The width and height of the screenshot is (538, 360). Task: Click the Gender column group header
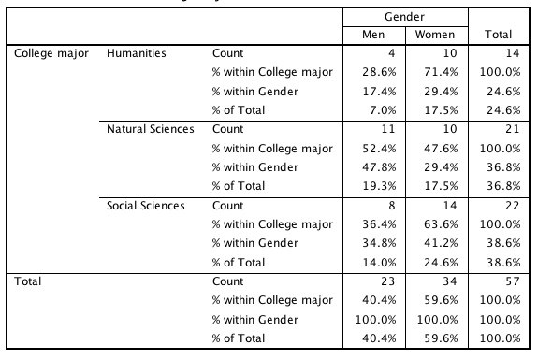(404, 17)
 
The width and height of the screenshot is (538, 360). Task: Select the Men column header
(373, 35)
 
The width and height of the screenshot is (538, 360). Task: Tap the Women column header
(435, 35)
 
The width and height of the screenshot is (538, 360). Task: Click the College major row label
(51, 53)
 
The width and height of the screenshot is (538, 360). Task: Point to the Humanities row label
(137, 53)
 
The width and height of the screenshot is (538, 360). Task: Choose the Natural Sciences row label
(151, 129)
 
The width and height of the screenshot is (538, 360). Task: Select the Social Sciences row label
(145, 206)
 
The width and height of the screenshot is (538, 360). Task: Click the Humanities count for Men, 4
(391, 53)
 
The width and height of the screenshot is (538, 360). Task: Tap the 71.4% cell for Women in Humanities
(441, 72)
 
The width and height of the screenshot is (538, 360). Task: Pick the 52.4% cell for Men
(379, 149)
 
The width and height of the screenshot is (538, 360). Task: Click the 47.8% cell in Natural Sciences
(379, 167)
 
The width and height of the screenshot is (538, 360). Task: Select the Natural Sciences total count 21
(513, 129)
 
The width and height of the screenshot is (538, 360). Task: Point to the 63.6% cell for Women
(441, 224)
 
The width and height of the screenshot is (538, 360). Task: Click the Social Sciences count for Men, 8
(391, 206)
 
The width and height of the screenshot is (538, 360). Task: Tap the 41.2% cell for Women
(441, 243)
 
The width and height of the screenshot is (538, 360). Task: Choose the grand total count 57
(513, 281)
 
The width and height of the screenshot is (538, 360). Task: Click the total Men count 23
(388, 281)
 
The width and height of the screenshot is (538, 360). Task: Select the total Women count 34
(450, 281)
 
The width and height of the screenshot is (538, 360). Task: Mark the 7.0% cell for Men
(383, 110)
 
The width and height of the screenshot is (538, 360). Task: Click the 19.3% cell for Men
(379, 186)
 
